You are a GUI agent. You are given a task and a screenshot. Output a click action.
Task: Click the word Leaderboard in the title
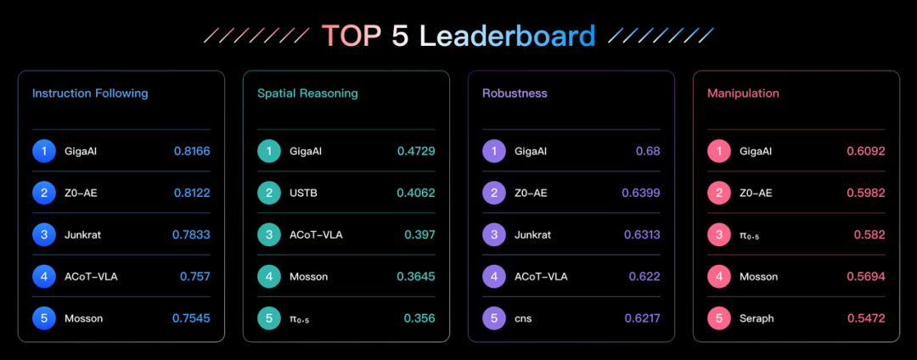(x=508, y=37)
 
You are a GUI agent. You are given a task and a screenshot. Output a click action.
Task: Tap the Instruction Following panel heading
(x=90, y=93)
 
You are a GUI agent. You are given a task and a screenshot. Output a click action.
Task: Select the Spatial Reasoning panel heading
(x=307, y=93)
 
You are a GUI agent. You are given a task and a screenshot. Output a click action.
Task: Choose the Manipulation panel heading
(x=743, y=93)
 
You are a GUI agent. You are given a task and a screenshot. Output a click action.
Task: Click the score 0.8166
(x=192, y=151)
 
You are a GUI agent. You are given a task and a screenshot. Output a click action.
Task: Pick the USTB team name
(x=304, y=193)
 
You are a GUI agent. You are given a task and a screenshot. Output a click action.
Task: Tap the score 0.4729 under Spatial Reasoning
(x=416, y=151)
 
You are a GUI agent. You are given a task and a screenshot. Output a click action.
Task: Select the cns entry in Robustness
(x=523, y=318)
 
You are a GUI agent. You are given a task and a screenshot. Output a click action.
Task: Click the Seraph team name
(x=757, y=318)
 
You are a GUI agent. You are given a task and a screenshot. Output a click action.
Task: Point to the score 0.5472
(x=866, y=318)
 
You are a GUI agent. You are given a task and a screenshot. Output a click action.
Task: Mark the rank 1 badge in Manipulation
(x=719, y=151)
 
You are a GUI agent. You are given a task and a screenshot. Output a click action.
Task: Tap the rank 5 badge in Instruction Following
(x=44, y=318)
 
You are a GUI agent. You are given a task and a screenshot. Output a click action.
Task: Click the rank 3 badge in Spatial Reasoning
(x=269, y=235)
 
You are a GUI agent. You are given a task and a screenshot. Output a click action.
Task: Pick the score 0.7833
(x=191, y=235)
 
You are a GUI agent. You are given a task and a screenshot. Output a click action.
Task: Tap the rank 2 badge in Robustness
(x=494, y=193)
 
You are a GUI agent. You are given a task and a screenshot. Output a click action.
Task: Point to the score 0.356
(x=419, y=318)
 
